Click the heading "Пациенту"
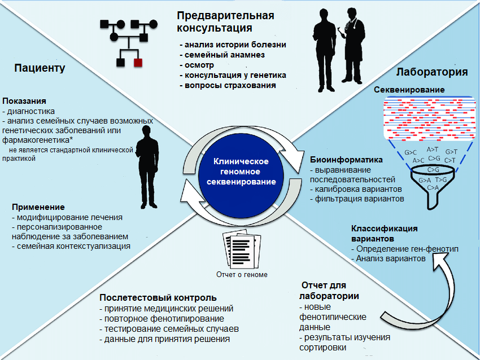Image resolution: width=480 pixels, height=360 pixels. (40, 69)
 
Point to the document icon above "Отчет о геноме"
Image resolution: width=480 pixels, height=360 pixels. (237, 251)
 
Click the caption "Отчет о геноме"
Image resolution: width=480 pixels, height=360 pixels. (242, 275)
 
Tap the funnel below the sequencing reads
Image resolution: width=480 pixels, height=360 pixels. (433, 183)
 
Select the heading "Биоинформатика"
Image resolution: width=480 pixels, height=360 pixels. (346, 160)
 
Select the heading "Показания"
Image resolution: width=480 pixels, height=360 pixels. (24, 101)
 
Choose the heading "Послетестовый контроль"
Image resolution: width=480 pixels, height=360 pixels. (158, 297)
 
